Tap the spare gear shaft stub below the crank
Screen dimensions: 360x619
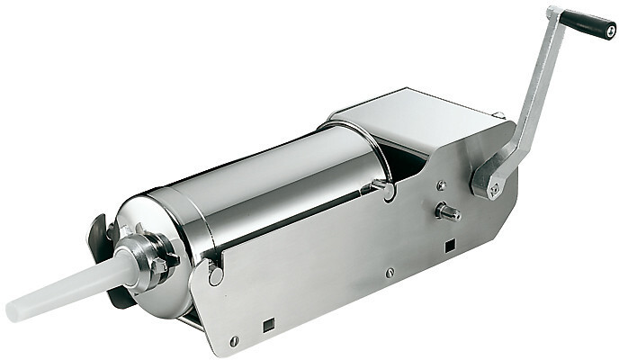(448, 213)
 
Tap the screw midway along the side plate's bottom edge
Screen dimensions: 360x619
(389, 273)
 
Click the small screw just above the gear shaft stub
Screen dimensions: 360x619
(440, 185)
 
